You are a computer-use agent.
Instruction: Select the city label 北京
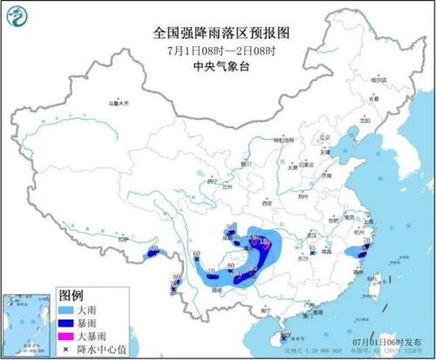(302, 137)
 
